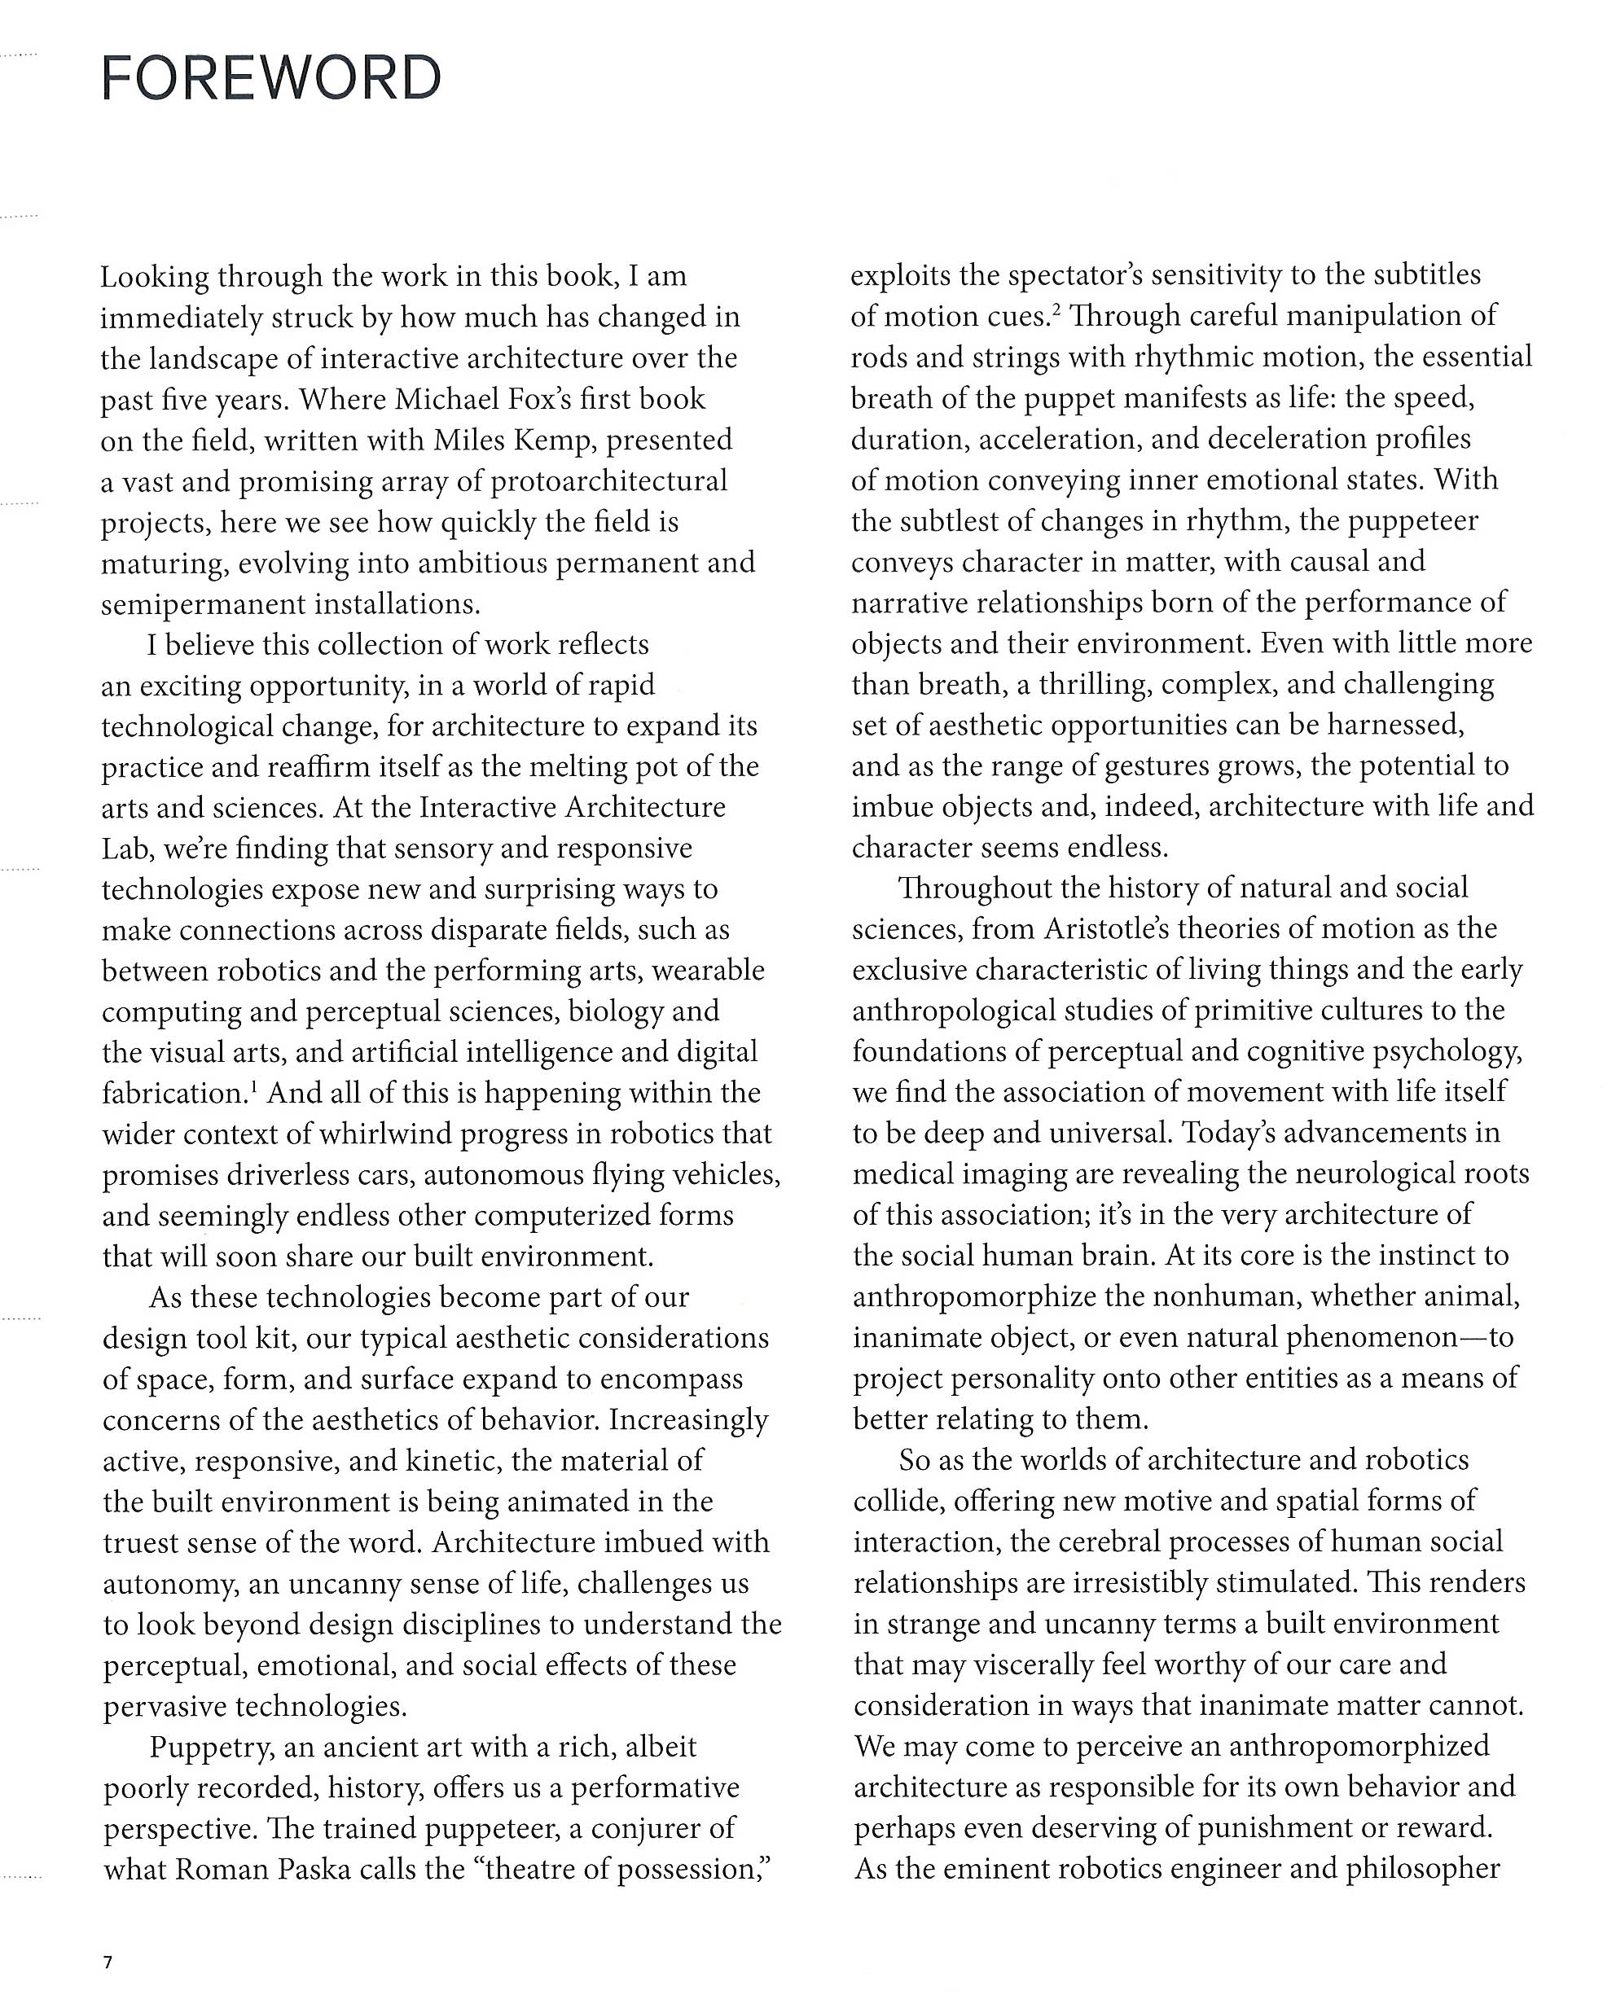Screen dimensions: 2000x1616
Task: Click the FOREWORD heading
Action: click(x=271, y=78)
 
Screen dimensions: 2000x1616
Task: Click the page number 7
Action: click(x=108, y=1963)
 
